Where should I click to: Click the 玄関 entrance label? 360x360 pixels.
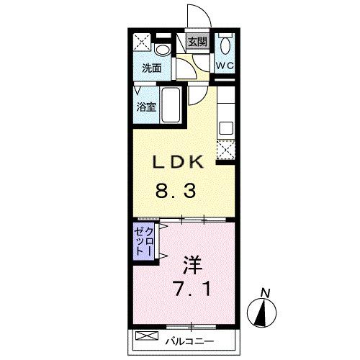click(x=197, y=42)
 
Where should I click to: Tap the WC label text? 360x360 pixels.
click(x=226, y=67)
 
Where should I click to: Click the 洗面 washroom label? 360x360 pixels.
click(x=150, y=69)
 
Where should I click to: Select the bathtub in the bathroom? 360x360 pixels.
click(x=172, y=105)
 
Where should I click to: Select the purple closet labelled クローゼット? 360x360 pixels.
click(x=143, y=243)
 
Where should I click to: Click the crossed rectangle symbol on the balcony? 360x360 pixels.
click(x=147, y=336)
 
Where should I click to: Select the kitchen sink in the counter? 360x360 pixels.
click(x=226, y=127)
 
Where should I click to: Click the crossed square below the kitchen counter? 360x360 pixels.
click(x=226, y=150)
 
